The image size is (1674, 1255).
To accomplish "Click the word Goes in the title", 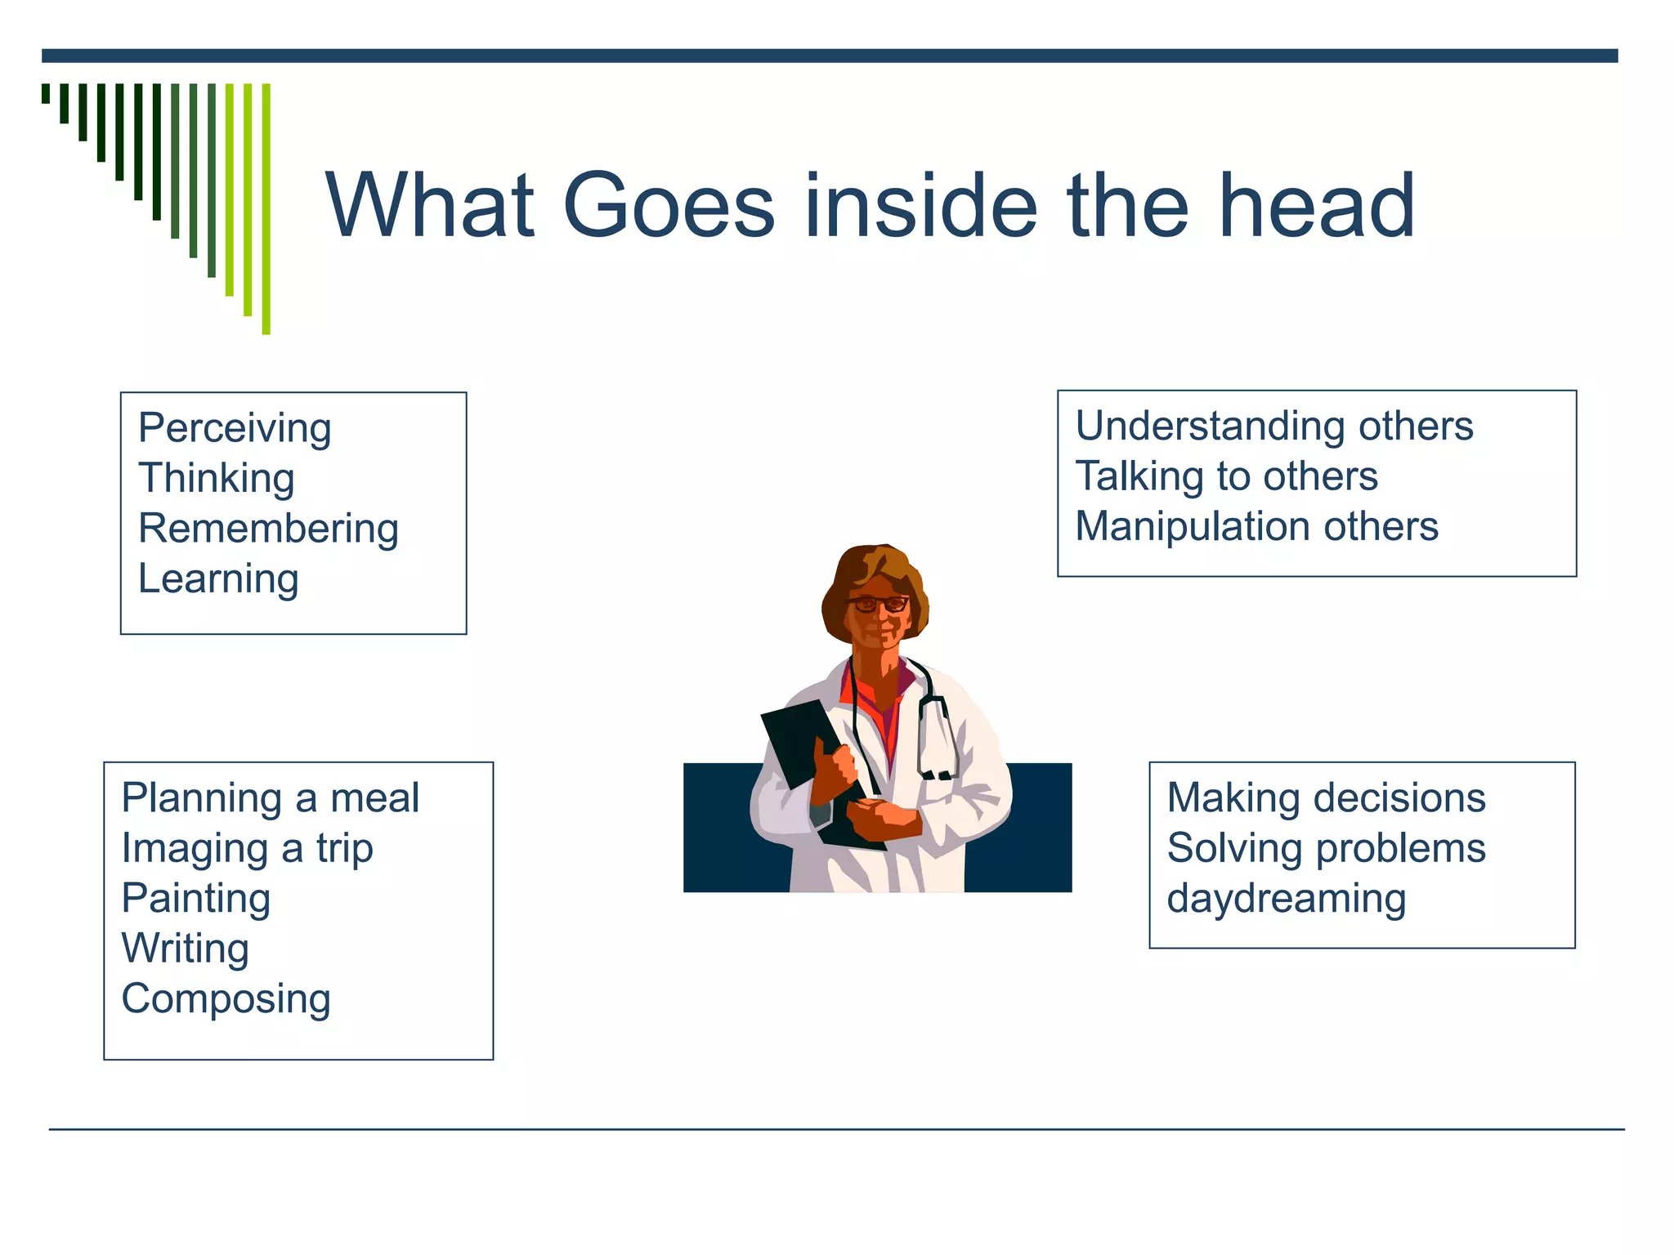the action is click(x=669, y=205).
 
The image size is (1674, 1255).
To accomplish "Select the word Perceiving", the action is click(x=235, y=429).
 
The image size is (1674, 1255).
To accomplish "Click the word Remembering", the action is click(x=268, y=529).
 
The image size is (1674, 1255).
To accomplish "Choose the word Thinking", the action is click(x=216, y=479).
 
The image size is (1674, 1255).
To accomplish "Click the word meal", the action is click(x=374, y=797).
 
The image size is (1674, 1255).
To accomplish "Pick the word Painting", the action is click(x=195, y=899).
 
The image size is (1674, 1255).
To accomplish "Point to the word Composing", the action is click(x=226, y=1000).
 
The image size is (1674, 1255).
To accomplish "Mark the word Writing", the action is click(x=185, y=949).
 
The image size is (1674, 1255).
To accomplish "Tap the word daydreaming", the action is click(x=1286, y=900).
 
